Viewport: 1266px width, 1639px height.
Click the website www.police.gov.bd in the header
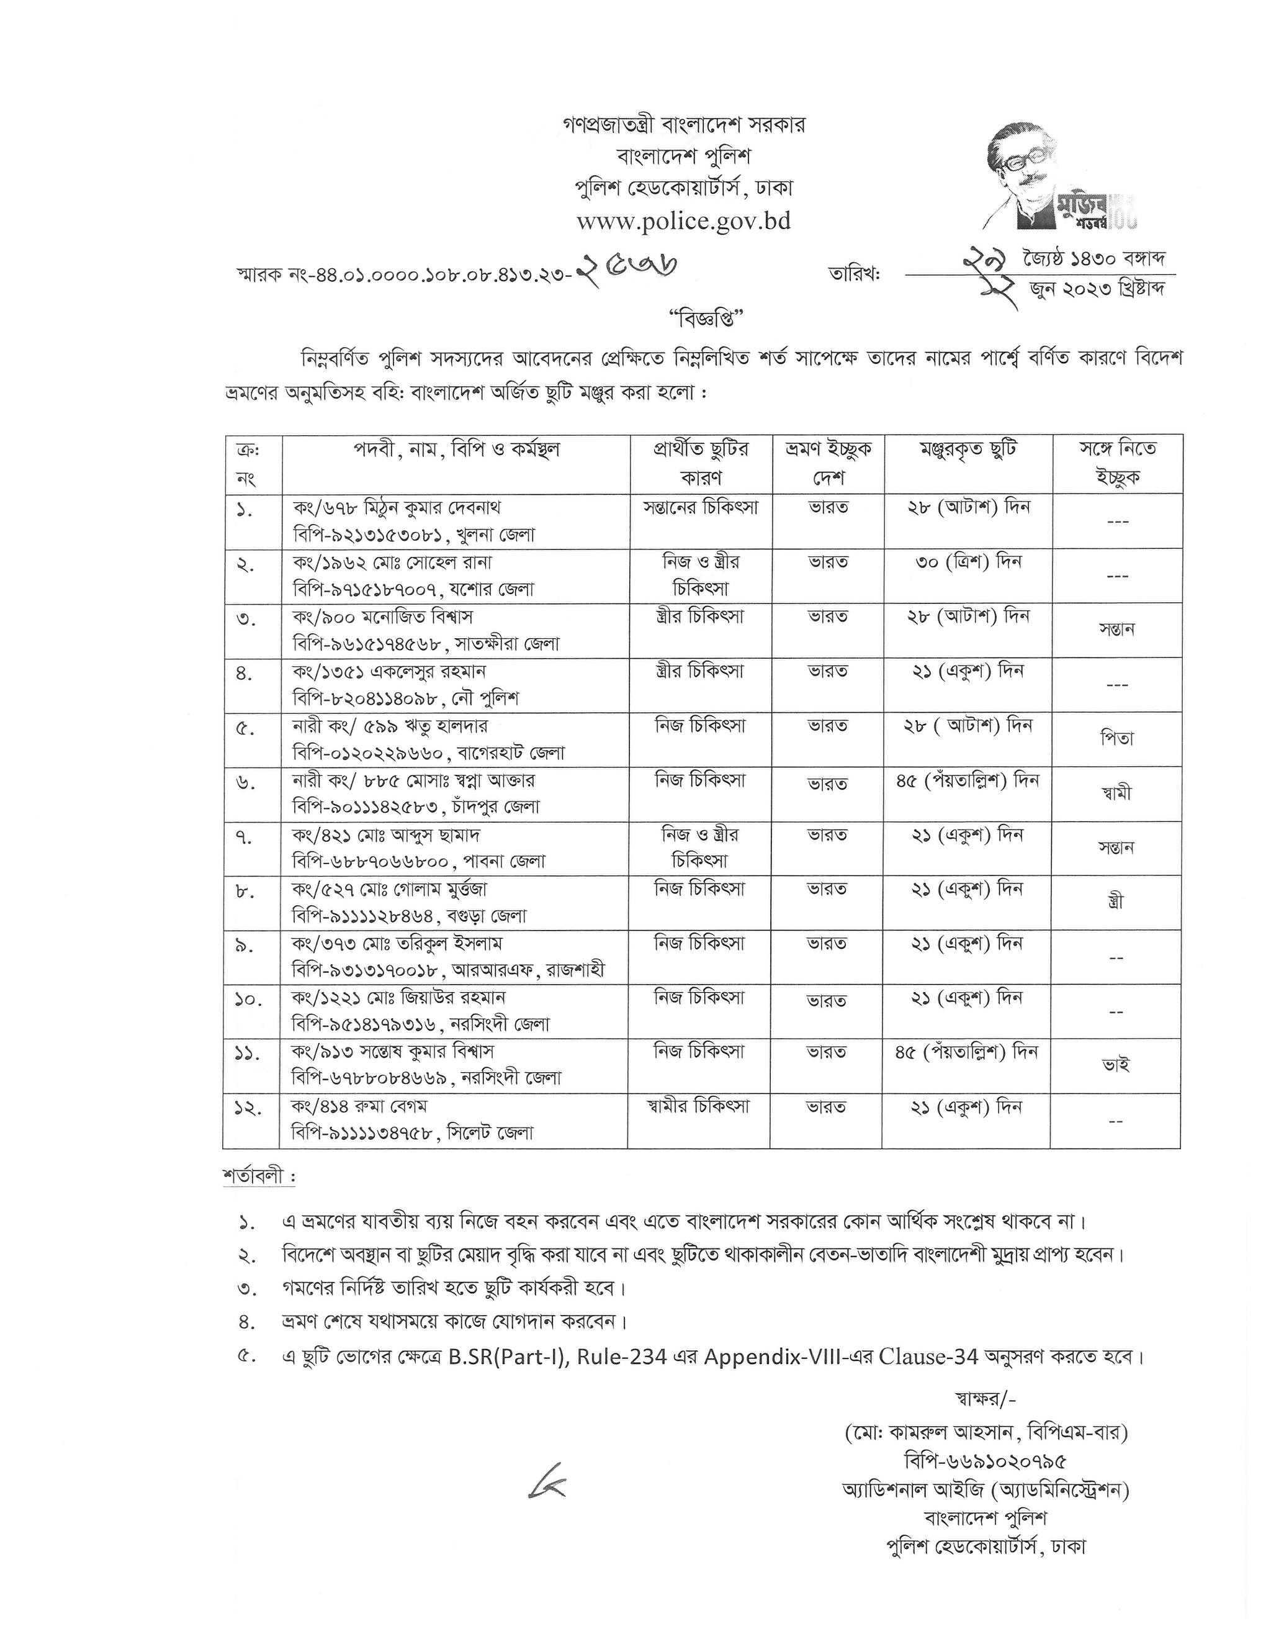click(x=683, y=222)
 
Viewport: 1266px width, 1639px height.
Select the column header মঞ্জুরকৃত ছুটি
click(x=967, y=449)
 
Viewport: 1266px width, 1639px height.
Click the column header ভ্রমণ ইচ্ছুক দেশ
click(x=828, y=463)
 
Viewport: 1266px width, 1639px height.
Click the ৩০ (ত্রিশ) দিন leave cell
click(x=968, y=562)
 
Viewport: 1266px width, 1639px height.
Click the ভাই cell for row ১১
click(x=1117, y=1065)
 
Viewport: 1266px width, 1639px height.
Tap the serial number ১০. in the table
click(x=249, y=1000)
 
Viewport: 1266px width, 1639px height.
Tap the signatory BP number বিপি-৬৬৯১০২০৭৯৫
click(x=985, y=1461)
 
